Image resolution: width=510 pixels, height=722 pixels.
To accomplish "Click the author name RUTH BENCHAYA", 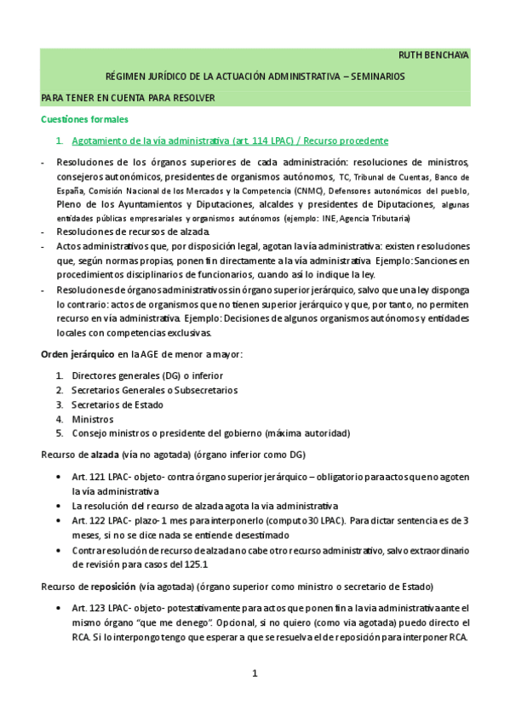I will click(x=433, y=55).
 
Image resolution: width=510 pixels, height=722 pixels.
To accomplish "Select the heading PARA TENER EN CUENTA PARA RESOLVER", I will click(x=128, y=98).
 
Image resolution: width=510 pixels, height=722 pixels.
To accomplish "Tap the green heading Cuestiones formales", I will click(x=85, y=119).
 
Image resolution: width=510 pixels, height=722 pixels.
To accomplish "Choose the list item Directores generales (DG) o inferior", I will click(x=147, y=375).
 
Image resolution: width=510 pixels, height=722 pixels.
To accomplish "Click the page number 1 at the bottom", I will click(x=254, y=674).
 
